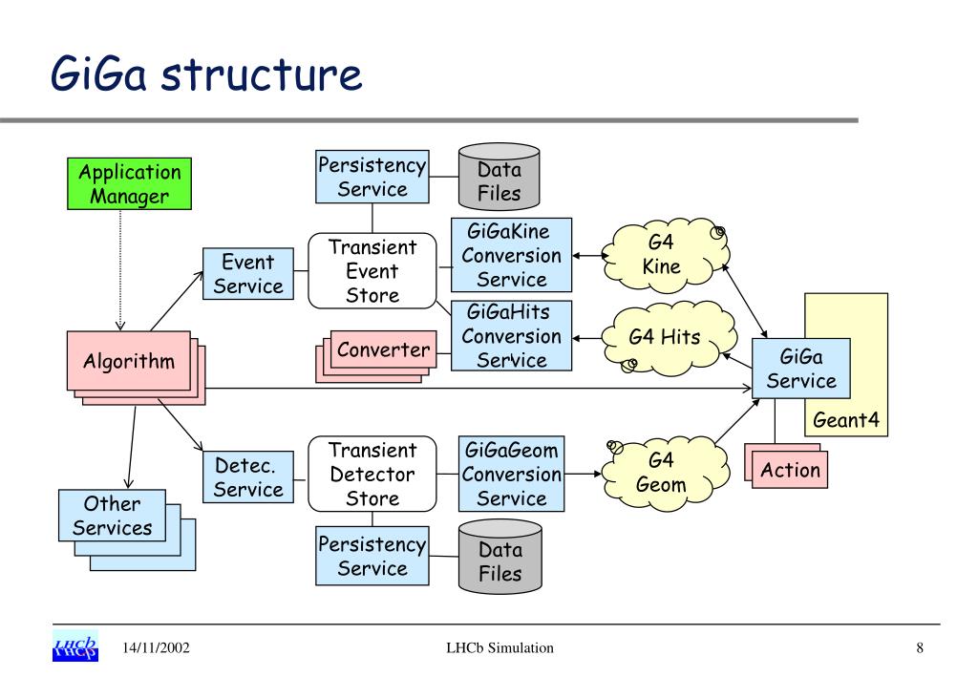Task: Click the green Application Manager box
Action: pyautogui.click(x=129, y=183)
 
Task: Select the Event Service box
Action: pyautogui.click(x=248, y=274)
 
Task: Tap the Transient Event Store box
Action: pyautogui.click(x=372, y=271)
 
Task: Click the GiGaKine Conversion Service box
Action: pyautogui.click(x=512, y=255)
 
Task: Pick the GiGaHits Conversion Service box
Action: pyautogui.click(x=512, y=336)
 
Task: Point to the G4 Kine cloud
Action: pyautogui.click(x=665, y=254)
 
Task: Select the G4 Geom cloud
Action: pyautogui.click(x=665, y=473)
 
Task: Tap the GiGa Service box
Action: pyautogui.click(x=801, y=369)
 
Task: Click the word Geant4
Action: pyautogui.click(x=846, y=420)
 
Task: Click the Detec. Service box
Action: pyautogui.click(x=248, y=476)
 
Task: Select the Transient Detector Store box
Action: pyautogui.click(x=372, y=474)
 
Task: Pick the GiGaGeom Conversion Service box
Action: pyautogui.click(x=512, y=474)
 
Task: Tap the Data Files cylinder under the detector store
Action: pyautogui.click(x=500, y=556)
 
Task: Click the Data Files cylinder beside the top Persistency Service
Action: pyautogui.click(x=499, y=177)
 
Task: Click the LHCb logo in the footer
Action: pyautogui.click(x=75, y=646)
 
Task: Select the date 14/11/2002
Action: pyautogui.click(x=156, y=647)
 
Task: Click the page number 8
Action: pyautogui.click(x=920, y=647)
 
